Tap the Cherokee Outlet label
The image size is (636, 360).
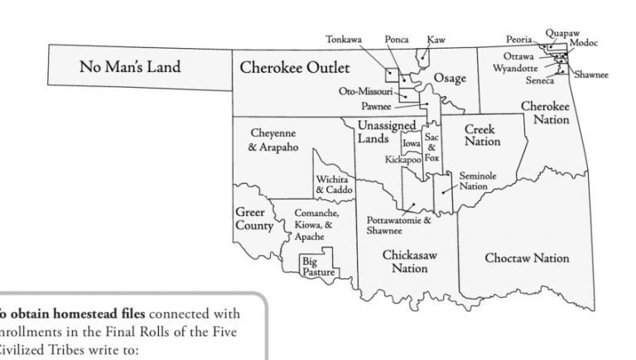(x=295, y=67)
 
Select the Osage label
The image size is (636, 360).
(x=450, y=78)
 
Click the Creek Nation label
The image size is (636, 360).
(x=482, y=136)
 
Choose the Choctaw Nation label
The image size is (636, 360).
(x=527, y=258)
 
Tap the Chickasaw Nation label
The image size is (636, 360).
(x=409, y=262)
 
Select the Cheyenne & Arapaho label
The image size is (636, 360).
(x=272, y=140)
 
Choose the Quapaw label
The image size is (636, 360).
(x=561, y=33)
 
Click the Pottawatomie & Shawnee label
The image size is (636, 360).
(x=398, y=226)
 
